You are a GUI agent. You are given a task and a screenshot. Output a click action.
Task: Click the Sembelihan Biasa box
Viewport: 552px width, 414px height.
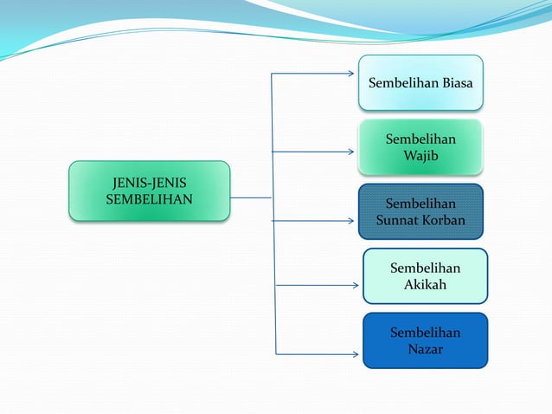420,83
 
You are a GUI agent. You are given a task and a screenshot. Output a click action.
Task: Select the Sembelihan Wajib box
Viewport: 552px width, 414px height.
420,147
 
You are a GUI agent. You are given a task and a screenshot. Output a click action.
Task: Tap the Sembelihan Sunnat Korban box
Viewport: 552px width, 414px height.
420,211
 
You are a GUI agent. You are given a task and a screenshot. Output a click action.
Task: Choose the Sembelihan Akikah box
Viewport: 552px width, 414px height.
425,275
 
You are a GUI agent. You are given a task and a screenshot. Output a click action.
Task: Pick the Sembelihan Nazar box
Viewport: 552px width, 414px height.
425,340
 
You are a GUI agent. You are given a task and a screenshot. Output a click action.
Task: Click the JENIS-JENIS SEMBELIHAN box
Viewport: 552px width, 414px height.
149,191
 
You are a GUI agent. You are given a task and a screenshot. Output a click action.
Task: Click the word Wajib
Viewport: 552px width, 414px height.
421,156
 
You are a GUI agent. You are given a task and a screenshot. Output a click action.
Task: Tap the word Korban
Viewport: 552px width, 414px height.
443,220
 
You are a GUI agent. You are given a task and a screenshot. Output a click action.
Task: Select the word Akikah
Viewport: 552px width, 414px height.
425,284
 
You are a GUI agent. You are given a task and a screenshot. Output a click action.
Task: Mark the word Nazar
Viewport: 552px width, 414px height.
425,349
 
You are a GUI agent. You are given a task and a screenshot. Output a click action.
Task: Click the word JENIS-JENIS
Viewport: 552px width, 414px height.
149,182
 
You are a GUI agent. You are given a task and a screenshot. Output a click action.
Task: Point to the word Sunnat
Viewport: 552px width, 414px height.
398,220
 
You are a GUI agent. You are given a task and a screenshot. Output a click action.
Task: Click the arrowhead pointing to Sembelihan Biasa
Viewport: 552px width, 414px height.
350,74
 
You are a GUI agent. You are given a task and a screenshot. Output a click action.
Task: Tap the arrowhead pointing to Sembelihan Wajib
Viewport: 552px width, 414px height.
350,152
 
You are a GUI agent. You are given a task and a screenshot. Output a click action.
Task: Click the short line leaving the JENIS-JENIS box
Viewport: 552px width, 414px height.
251,197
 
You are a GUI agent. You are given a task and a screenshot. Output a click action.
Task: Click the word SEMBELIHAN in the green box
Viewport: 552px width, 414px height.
149,198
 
